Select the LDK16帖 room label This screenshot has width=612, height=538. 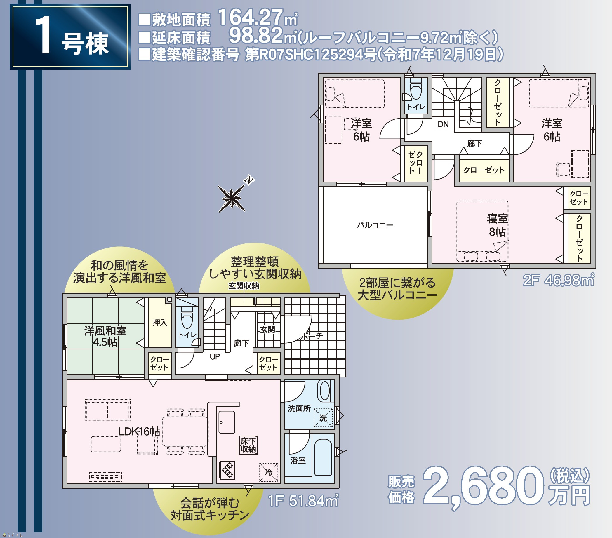point(139,431)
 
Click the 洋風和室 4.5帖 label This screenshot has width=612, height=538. point(105,336)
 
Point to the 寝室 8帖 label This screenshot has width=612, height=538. point(497,225)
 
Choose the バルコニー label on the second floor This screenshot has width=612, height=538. point(375,225)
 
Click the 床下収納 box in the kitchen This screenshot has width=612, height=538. point(248,445)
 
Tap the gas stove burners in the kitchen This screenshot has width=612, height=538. point(227,470)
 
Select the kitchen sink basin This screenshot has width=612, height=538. point(227,422)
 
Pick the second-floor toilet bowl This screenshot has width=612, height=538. point(416,89)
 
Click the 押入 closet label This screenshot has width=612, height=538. point(160,323)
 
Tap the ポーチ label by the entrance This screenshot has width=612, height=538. point(312,336)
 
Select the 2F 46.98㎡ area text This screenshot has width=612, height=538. point(559,280)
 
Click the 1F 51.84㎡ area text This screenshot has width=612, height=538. point(303,501)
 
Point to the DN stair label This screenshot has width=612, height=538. point(443,124)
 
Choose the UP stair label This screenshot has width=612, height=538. point(215,356)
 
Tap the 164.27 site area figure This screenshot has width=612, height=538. point(250,17)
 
